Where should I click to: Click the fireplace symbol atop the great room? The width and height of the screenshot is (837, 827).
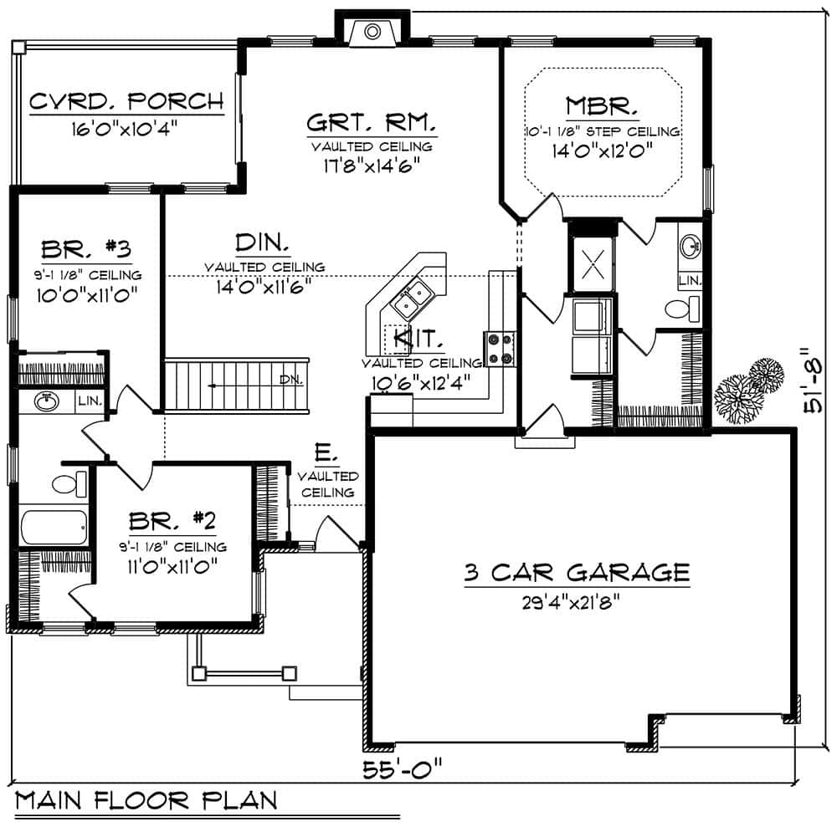pos(372,32)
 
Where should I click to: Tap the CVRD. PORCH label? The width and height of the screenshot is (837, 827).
pos(126,102)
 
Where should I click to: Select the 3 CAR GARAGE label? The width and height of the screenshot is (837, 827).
pos(578,573)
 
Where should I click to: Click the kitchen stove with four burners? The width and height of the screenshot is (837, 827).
pos(500,350)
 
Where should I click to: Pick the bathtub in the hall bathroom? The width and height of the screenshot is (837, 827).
pos(54,527)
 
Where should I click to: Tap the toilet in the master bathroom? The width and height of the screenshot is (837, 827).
pos(683,309)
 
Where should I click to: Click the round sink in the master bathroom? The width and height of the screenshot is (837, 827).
pos(691,246)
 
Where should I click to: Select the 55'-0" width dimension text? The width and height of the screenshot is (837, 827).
pos(402,768)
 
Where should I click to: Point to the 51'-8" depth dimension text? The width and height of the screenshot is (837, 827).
pos(811,381)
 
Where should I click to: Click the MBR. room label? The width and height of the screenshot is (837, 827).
pos(603,106)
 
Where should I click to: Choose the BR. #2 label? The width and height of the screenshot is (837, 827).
pos(172,523)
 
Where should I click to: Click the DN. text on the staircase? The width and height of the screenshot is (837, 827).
pos(290,380)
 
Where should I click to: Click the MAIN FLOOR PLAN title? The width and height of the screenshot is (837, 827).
pos(146,800)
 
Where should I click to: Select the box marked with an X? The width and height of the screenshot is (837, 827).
pos(592,264)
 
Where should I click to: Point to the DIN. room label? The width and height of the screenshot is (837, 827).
pos(263,243)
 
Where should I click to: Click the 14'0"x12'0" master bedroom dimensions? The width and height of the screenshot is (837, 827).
pos(602,151)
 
